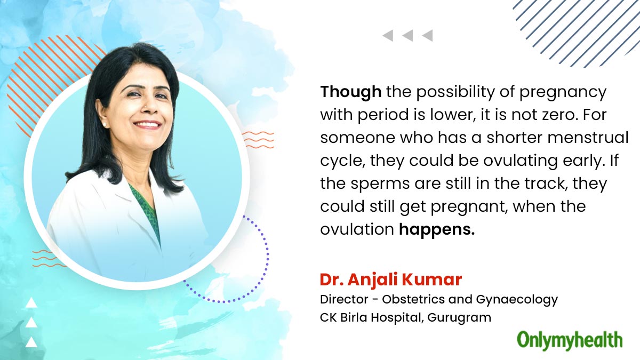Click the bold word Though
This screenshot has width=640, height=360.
350,92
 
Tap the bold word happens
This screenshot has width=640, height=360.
437,229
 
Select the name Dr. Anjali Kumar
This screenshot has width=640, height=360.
391,279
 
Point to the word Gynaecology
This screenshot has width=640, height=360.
517,300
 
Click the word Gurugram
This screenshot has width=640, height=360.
459,318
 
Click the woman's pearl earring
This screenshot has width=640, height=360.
105,125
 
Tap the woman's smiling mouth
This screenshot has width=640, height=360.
147,125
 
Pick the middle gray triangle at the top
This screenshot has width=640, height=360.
407,36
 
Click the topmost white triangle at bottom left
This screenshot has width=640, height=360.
31,302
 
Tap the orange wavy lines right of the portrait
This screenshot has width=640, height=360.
258,140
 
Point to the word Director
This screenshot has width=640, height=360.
344,299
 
